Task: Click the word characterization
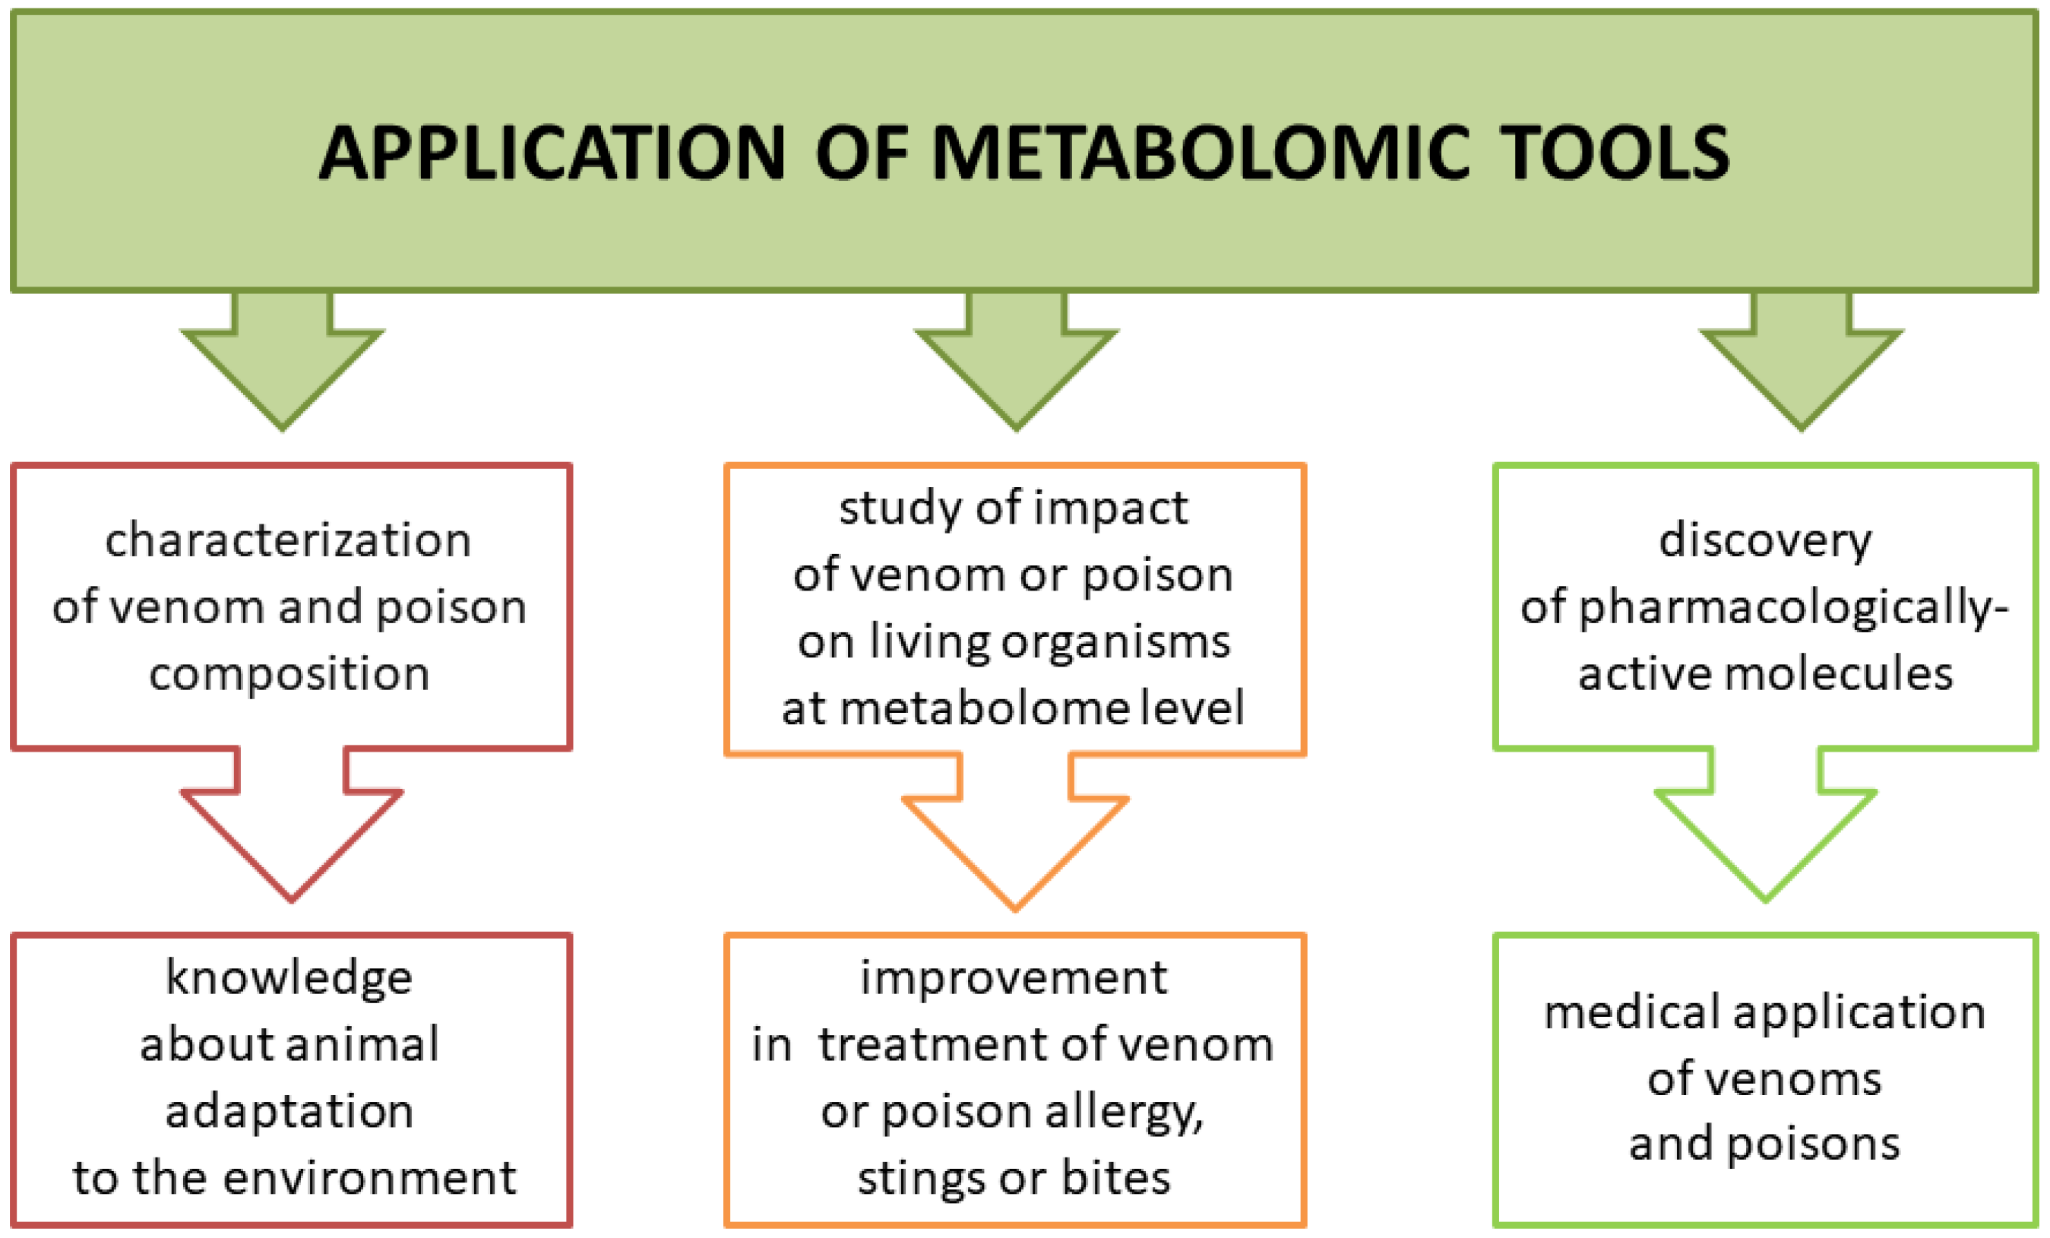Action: [x=288, y=541]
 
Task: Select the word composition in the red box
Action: [x=289, y=674]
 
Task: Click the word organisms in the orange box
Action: [x=1115, y=642]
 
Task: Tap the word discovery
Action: [x=1764, y=541]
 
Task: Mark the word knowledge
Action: [x=289, y=977]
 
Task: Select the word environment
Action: [x=370, y=1178]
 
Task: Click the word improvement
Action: [x=1014, y=977]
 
